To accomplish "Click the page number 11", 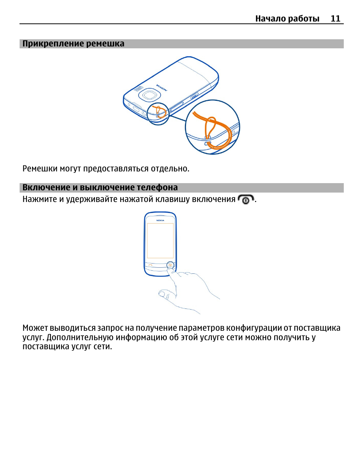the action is pos(335,19).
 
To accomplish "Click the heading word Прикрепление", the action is pos(53,43).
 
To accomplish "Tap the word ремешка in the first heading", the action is pos(105,43).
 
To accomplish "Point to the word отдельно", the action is pos(170,168).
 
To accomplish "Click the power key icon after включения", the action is pos(246,199).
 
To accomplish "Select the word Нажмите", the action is pos(40,199).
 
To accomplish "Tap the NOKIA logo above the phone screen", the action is pos(160,221).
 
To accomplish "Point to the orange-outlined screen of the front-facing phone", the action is pos(160,241).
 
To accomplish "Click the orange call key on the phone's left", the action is pos(150,265).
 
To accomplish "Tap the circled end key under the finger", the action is pos(171,265).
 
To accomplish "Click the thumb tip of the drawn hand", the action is pos(161,294).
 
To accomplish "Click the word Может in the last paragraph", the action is pos(35,328).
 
